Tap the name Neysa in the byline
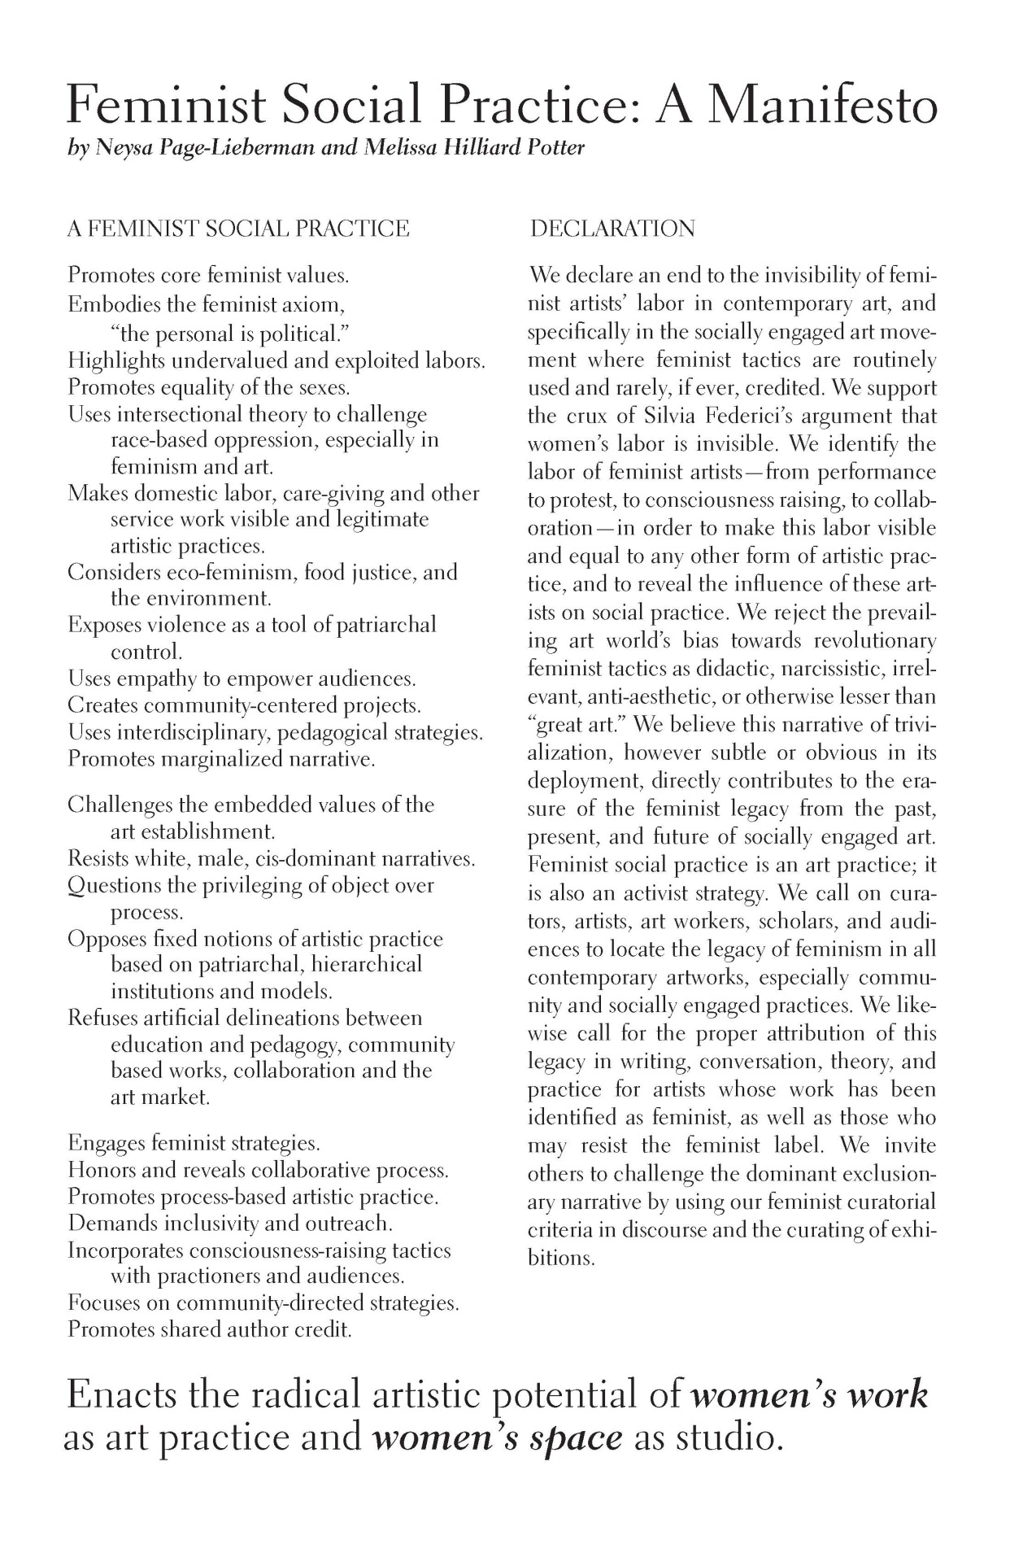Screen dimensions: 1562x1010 pos(122,149)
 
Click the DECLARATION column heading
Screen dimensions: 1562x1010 pos(612,229)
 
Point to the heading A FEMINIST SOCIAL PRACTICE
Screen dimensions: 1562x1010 pos(238,229)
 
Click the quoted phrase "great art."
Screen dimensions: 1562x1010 pos(578,724)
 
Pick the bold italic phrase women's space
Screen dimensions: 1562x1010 pos(497,1438)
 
